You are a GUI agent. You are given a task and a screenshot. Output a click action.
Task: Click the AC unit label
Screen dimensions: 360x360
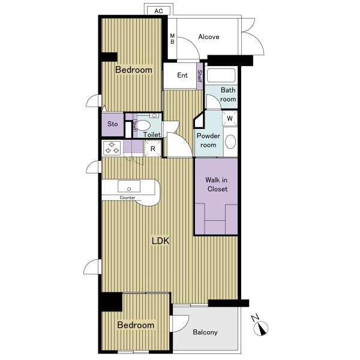pos(158,11)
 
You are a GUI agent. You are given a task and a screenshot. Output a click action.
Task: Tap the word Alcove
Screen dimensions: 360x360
pos(208,37)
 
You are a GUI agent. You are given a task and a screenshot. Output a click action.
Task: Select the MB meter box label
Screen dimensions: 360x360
pos(172,39)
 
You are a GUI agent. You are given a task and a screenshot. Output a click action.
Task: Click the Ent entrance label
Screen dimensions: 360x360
pos(182,75)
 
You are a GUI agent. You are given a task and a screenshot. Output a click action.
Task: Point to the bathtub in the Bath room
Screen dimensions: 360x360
pos(221,76)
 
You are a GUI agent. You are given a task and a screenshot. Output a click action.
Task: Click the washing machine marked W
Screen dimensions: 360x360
pos(230,118)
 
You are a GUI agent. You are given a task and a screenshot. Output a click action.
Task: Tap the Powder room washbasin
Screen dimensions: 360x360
pos(230,142)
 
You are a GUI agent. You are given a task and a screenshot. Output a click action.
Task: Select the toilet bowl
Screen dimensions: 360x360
pos(144,125)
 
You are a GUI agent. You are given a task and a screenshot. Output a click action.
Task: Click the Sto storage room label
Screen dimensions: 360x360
pos(113,124)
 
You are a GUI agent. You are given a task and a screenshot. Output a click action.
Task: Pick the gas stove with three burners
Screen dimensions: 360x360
pos(112,148)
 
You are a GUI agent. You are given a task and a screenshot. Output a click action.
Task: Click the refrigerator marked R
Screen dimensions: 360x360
pos(152,149)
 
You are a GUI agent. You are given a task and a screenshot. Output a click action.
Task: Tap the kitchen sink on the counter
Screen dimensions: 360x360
pos(129,186)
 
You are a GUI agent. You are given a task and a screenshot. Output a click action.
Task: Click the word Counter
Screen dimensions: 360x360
pos(127,197)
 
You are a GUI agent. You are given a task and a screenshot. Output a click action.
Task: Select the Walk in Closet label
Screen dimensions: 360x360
pos(217,184)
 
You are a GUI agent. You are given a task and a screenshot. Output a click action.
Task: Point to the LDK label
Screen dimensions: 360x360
pos(160,241)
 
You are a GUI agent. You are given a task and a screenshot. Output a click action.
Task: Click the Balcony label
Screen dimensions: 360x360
pos(205,332)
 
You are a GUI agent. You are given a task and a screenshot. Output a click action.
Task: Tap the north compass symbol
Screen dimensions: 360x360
pos(260,327)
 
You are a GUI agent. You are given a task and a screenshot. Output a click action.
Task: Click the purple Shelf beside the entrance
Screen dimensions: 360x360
pos(200,76)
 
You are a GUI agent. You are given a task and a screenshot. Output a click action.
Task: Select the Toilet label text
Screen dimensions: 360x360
pos(152,134)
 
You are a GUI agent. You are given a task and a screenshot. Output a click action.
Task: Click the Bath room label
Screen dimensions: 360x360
pos(228,95)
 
